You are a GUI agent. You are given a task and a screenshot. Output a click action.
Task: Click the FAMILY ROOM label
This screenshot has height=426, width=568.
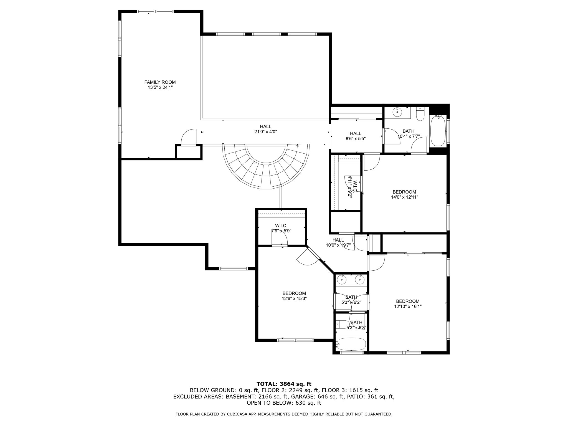tap(160, 82)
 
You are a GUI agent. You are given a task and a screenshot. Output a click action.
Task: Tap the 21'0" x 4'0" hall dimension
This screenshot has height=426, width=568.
tap(265, 132)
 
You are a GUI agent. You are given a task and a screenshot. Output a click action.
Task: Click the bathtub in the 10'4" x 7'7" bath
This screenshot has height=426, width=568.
tap(438, 131)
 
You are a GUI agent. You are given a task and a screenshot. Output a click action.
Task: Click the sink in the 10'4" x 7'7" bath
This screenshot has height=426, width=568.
tap(397, 112)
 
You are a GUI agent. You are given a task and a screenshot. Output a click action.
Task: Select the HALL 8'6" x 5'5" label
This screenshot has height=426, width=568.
tap(356, 136)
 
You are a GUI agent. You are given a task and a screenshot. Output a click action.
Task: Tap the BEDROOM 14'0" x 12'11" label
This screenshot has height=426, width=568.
tap(404, 194)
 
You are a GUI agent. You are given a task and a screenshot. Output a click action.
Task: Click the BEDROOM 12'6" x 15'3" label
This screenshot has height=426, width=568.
tap(294, 296)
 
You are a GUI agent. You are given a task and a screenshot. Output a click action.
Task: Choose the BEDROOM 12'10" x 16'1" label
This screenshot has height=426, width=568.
tap(407, 304)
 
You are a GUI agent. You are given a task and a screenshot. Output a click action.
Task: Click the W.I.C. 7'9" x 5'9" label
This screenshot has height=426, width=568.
tap(281, 228)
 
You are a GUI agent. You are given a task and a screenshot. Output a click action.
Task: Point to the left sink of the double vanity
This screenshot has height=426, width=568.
tap(342, 280)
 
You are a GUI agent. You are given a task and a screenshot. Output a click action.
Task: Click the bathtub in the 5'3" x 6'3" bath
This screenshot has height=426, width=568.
tap(351, 344)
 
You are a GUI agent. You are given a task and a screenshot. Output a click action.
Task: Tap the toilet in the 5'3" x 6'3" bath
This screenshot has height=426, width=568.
tap(343, 324)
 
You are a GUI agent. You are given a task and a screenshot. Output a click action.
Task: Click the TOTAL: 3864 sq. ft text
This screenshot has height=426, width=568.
tap(284, 384)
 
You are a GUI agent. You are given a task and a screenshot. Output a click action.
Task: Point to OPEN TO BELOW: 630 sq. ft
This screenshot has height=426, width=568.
tap(284, 403)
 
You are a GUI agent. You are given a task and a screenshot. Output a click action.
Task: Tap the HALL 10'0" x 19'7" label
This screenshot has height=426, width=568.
tap(338, 242)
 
